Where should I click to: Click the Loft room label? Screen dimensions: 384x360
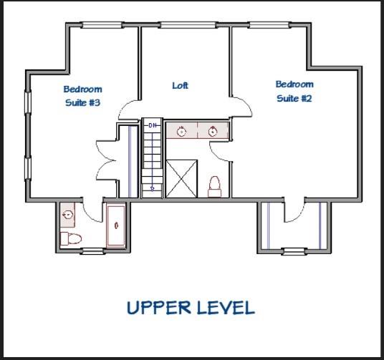[181, 86]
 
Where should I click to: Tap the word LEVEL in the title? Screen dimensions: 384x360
[226, 308]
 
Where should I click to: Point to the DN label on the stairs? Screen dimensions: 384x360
[153, 125]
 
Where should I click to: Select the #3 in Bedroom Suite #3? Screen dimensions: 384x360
[94, 102]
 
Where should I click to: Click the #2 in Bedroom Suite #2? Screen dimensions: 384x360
[307, 98]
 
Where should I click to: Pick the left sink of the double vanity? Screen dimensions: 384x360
[181, 132]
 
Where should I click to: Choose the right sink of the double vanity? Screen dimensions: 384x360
[213, 132]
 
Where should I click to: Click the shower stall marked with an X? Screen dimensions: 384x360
[181, 179]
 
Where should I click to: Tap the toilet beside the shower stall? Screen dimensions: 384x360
[214, 187]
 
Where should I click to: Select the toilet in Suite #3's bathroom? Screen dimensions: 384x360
[71, 238]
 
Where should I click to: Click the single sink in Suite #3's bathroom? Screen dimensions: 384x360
[67, 215]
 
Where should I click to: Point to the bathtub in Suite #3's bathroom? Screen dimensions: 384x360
[116, 225]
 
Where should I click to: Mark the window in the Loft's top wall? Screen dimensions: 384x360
[188, 25]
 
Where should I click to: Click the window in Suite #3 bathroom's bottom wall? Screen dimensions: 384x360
[92, 250]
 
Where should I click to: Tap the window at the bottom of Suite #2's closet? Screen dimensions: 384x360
[294, 251]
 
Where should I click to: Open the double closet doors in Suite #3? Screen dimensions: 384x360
[106, 160]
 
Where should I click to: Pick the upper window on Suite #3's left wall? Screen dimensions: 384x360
[28, 102]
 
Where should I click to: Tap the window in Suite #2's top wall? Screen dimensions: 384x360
[269, 25]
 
